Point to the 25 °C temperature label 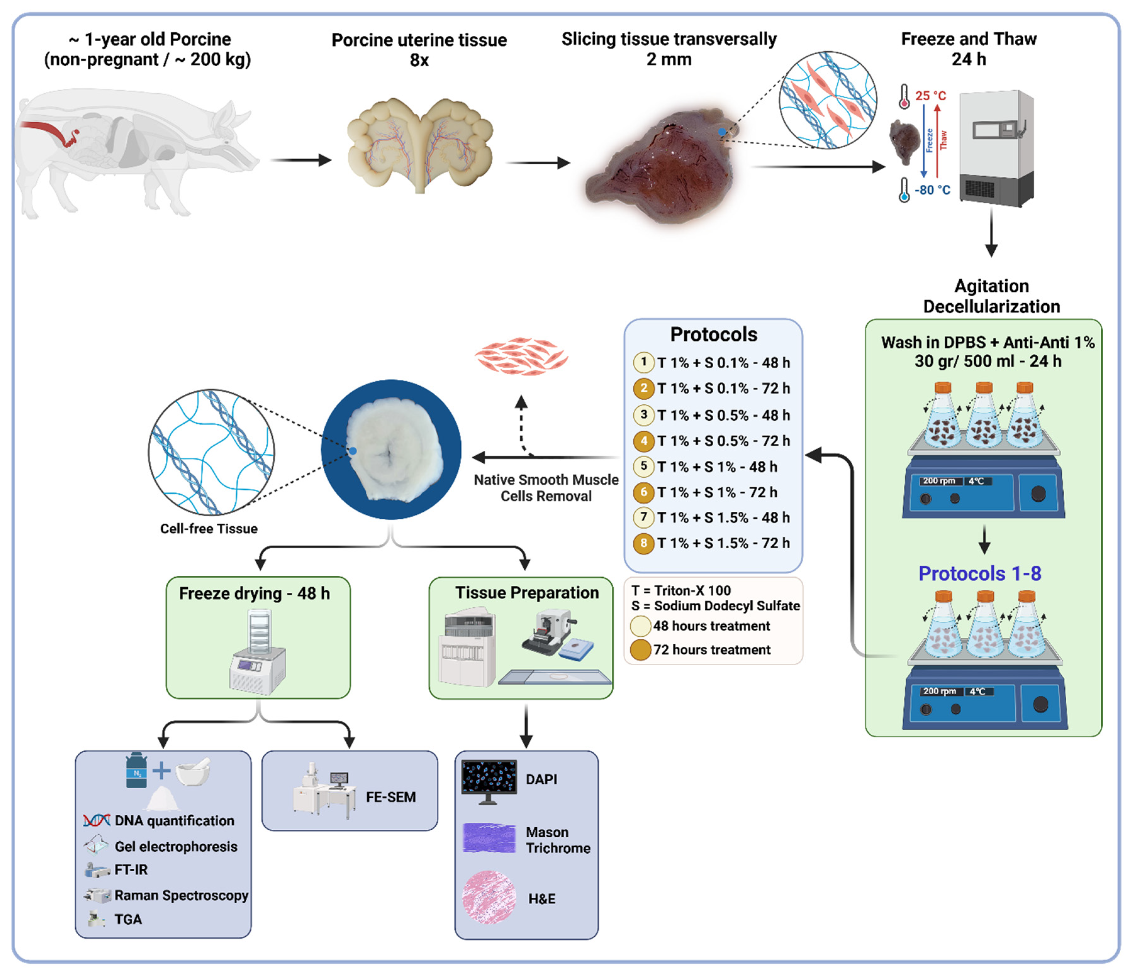(931, 96)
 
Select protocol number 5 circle (643, 466)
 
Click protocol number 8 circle (643, 543)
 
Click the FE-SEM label (391, 797)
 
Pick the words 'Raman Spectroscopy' (181, 895)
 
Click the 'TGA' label (128, 919)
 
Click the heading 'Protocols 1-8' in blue (979, 574)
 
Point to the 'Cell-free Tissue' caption (209, 528)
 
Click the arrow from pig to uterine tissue (300, 160)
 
